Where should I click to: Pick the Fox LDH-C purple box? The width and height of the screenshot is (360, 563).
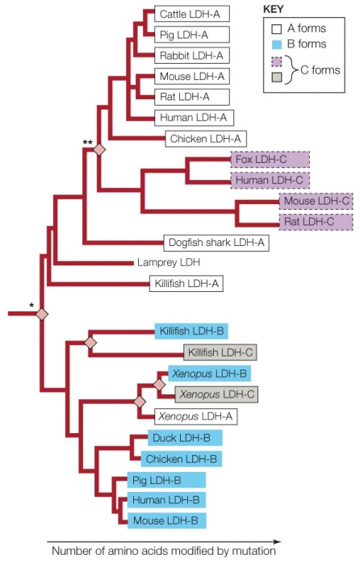[258, 160]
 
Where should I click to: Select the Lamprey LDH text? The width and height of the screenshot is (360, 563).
[168, 262]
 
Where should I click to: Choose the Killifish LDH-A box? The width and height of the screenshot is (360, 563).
[184, 283]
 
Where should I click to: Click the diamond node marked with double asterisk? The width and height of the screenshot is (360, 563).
[99, 150]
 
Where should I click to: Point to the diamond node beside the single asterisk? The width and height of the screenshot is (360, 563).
[42, 313]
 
